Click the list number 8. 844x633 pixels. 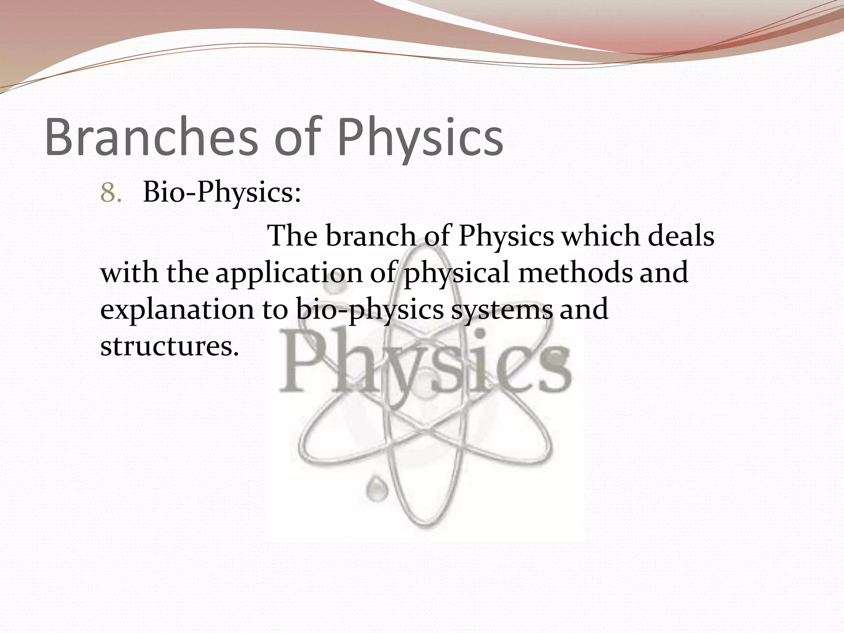(110, 193)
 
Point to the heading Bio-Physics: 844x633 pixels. (222, 193)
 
